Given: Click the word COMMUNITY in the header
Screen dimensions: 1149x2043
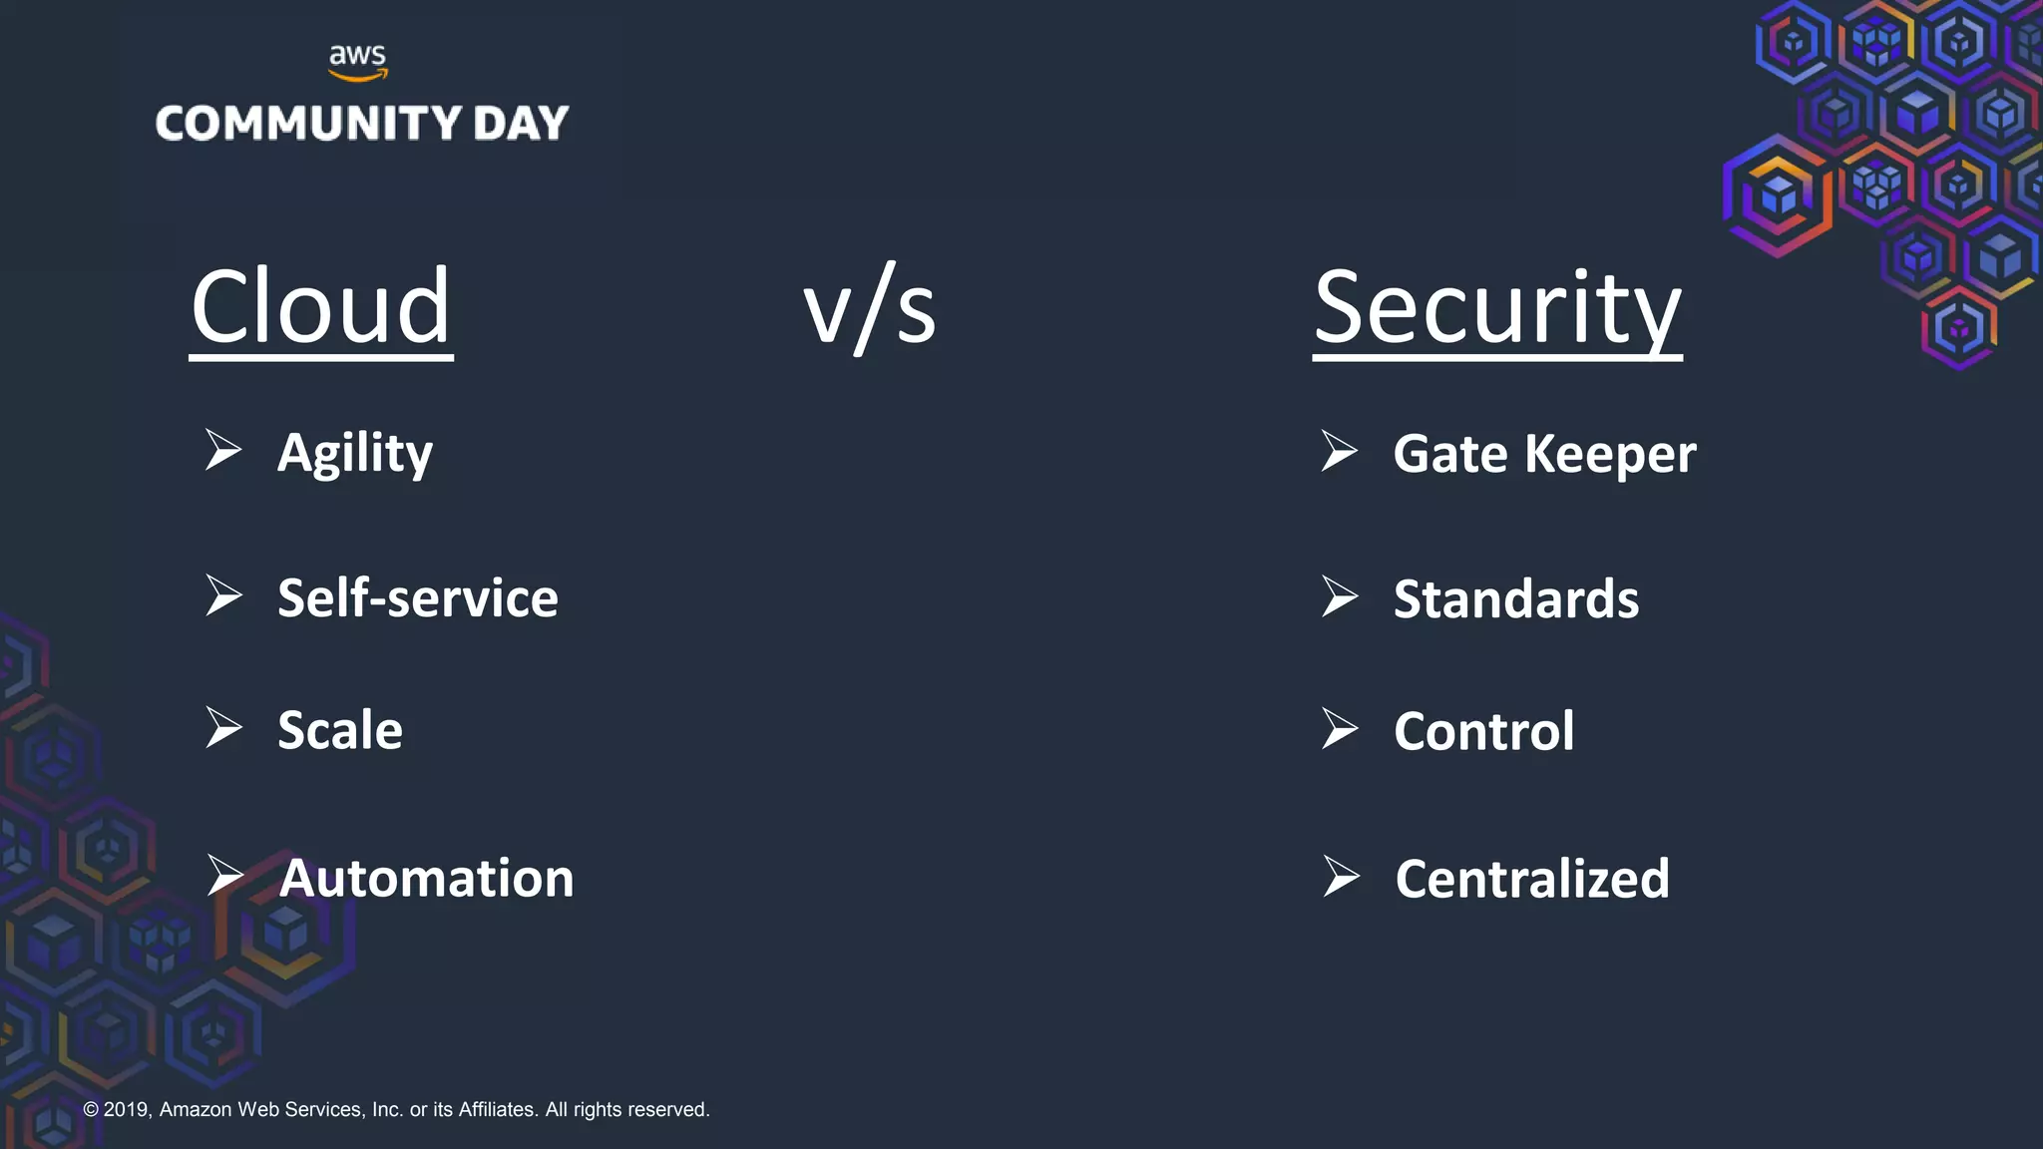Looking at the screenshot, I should (x=308, y=124).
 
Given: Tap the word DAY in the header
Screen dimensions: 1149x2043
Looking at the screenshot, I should (x=520, y=124).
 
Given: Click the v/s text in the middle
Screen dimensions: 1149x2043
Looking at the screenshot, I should (x=869, y=309).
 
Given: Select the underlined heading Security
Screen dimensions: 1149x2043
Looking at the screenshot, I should (x=1496, y=309).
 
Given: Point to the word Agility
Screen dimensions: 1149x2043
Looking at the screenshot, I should (x=355, y=454).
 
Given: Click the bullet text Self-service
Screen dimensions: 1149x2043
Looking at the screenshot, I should (x=417, y=598).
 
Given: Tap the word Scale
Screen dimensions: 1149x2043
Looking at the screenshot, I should (x=339, y=730).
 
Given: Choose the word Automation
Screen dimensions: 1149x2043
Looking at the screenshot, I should (x=426, y=879).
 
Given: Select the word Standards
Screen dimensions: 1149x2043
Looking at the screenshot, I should (x=1515, y=599).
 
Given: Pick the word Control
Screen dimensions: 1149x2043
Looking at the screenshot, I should (x=1483, y=731).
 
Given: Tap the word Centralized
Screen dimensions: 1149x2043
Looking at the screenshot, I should (x=1531, y=879).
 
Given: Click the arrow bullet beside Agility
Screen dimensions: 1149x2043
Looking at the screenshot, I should (x=223, y=450).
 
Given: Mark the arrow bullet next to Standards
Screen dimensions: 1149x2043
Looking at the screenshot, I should (x=1340, y=596).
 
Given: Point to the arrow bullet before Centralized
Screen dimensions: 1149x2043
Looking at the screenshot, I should (x=1341, y=876).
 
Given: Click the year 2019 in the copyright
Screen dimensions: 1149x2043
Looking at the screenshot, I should (x=126, y=1109).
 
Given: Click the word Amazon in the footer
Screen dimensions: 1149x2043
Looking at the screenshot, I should (x=195, y=1109).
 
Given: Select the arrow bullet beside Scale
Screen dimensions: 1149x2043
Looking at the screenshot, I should (x=223, y=727).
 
